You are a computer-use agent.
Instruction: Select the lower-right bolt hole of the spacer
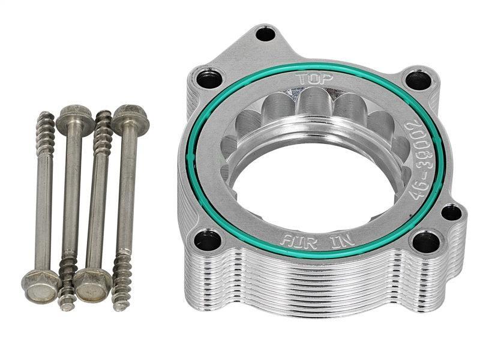[426, 242]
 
